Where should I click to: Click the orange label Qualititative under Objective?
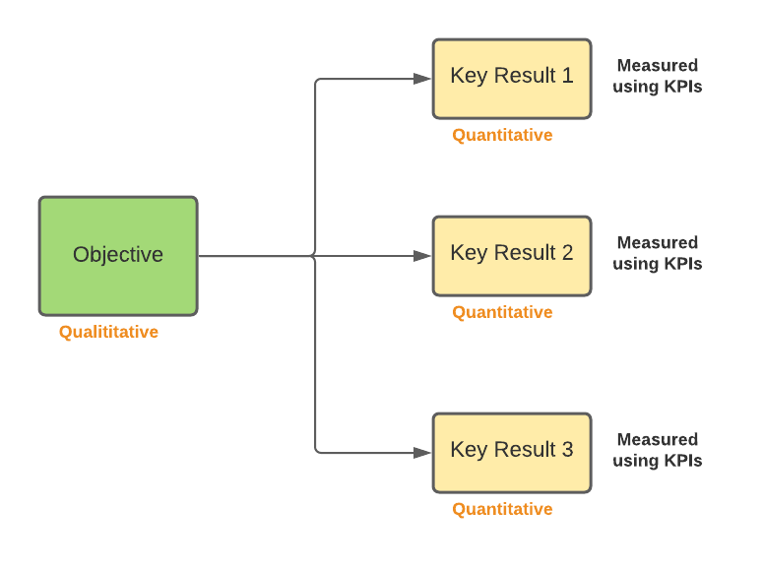pyautogui.click(x=108, y=332)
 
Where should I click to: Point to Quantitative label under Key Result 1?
pyautogui.click(x=502, y=135)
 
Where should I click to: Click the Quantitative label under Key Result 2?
pyautogui.click(x=502, y=312)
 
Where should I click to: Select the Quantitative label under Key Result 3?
pyautogui.click(x=502, y=509)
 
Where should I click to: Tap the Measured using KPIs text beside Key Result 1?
pyautogui.click(x=657, y=76)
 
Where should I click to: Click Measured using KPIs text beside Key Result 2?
pyautogui.click(x=657, y=253)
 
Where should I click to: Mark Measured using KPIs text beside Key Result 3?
pyautogui.click(x=657, y=450)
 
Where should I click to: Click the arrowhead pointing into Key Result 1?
pyautogui.click(x=422, y=79)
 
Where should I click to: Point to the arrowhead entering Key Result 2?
pyautogui.click(x=422, y=256)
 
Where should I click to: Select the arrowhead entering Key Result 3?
pyautogui.click(x=422, y=453)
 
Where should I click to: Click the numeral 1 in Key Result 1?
pyautogui.click(x=566, y=76)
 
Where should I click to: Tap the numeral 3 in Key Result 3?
pyautogui.click(x=566, y=450)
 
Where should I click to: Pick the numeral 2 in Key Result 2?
pyautogui.click(x=566, y=253)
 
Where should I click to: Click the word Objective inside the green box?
pyautogui.click(x=118, y=255)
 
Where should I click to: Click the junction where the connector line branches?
pyautogui.click(x=315, y=256)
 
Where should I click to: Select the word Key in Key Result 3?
pyautogui.click(x=468, y=450)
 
